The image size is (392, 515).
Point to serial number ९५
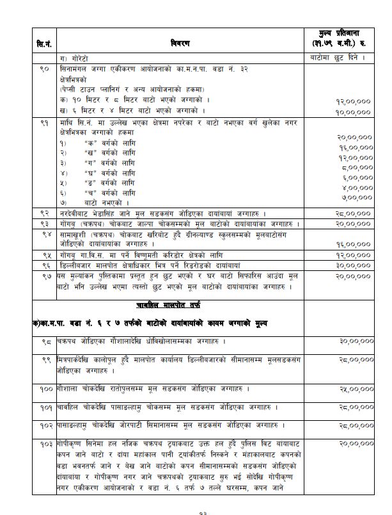click(x=45, y=254)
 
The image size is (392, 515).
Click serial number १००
click(x=47, y=388)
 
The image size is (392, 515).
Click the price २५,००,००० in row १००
click(x=355, y=389)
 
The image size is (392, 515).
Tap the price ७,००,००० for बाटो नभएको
click(x=357, y=197)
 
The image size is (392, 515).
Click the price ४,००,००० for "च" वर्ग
click(x=357, y=188)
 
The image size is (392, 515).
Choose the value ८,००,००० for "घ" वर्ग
click(x=357, y=168)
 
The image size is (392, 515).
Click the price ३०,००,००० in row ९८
click(x=355, y=341)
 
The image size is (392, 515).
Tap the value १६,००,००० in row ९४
click(x=355, y=244)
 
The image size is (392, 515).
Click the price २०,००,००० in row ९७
click(x=355, y=274)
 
